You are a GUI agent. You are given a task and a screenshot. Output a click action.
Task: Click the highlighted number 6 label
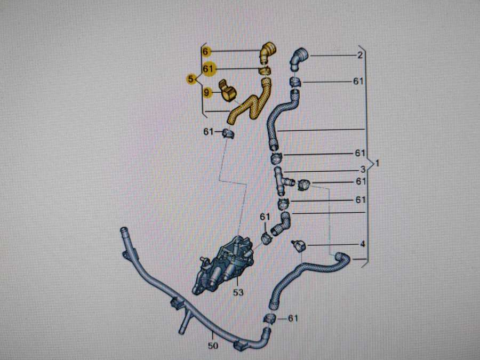[x=206, y=52]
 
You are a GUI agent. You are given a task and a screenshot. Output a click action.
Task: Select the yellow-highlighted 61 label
[x=208, y=69]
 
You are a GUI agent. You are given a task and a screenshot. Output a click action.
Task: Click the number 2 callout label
[x=360, y=55]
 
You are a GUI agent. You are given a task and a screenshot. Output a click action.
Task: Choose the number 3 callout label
[x=362, y=170]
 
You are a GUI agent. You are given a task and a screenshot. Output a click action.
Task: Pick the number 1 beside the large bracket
[x=377, y=163]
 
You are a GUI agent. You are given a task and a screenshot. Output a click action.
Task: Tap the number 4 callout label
[x=362, y=245]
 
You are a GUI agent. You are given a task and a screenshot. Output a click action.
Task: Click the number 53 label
[x=238, y=292]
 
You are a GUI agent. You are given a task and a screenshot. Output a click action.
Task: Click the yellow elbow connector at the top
[x=267, y=52]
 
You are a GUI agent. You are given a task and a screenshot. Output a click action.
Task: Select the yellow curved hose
[x=250, y=104]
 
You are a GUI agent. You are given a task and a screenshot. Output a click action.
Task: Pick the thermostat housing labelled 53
[x=224, y=264]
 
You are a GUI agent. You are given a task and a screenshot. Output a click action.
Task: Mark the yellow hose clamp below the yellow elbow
[x=265, y=70]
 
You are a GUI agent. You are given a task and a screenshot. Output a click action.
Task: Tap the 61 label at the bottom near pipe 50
[x=293, y=318]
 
